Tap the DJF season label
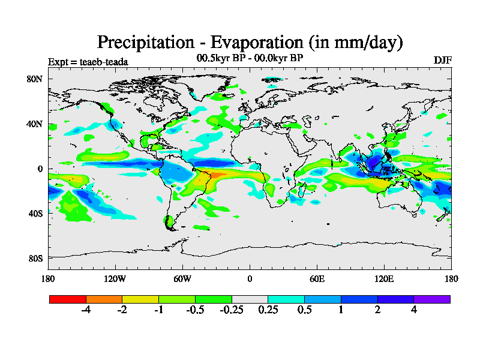(x=442, y=61)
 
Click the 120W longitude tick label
(x=115, y=278)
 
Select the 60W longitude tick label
(x=182, y=278)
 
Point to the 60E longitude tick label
(x=317, y=278)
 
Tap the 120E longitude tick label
(x=384, y=278)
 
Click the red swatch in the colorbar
(x=68, y=299)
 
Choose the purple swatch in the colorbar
(x=432, y=299)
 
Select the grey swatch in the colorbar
(x=250, y=299)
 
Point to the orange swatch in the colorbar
(x=104, y=299)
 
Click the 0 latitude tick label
(x=41, y=169)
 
